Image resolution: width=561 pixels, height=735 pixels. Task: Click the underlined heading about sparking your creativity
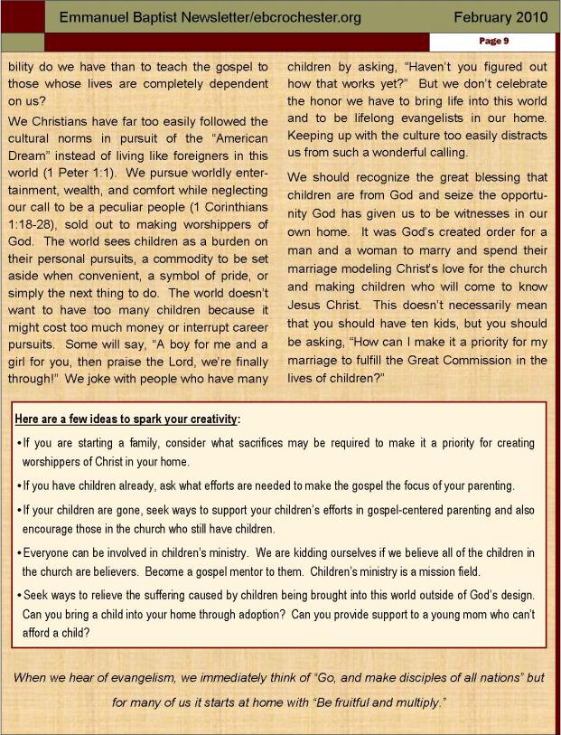pyautogui.click(x=127, y=419)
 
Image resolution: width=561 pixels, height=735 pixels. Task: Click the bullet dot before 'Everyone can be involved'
pyautogui.click(x=18, y=553)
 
